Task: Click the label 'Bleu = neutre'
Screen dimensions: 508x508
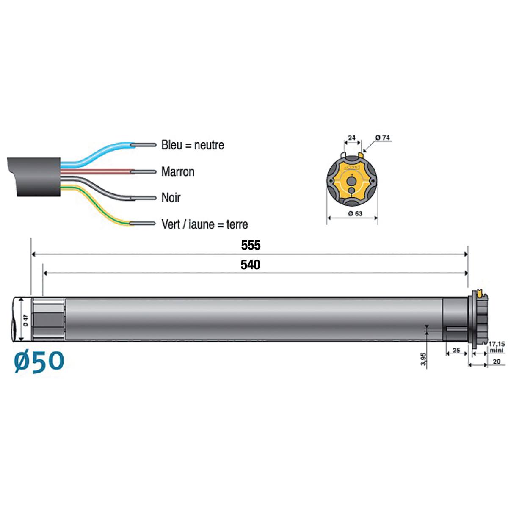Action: [193, 145]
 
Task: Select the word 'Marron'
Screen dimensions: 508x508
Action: [178, 172]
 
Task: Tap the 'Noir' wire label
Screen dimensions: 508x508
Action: [171, 198]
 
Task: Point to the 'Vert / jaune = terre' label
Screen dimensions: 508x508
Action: [204, 224]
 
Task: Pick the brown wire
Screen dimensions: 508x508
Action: [97, 171]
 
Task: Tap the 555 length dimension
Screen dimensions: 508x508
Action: [251, 246]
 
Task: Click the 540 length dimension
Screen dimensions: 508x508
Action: [251, 265]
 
